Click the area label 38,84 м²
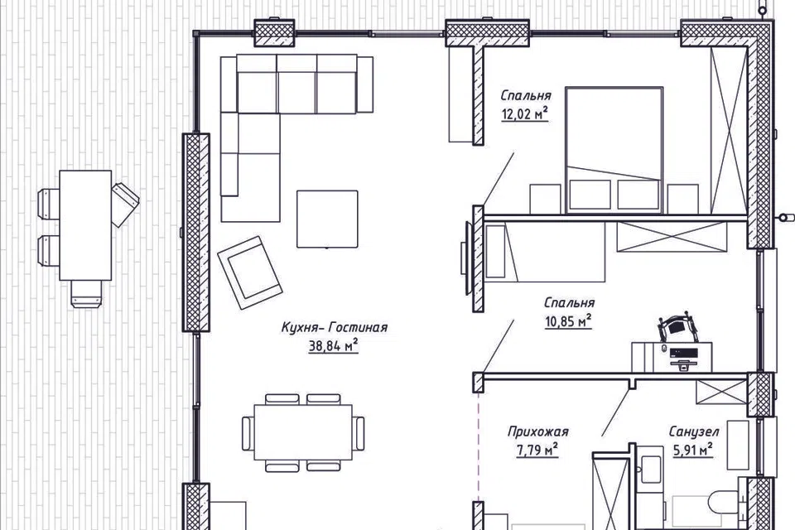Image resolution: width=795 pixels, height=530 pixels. click(333, 346)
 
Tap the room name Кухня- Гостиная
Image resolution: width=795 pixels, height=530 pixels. click(334, 327)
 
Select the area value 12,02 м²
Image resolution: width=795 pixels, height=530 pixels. click(525, 114)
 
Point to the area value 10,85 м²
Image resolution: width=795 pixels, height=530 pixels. click(568, 321)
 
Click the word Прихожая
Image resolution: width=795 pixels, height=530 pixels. click(538, 431)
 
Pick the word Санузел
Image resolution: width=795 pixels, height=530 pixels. click(694, 431)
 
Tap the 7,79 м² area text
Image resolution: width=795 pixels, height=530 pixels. click(537, 450)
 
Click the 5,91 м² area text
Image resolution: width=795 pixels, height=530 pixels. click(692, 450)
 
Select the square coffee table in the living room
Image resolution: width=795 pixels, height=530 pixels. click(327, 219)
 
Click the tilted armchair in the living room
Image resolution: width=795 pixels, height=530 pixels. click(250, 272)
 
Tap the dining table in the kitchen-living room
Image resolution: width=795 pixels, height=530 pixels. click(303, 432)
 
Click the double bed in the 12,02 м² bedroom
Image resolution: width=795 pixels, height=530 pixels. click(614, 150)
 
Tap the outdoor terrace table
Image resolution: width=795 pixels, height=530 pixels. click(85, 225)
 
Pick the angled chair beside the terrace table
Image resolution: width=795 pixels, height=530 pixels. click(124, 204)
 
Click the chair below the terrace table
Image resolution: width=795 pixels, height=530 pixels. click(86, 294)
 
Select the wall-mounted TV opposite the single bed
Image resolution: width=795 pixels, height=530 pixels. click(465, 258)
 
